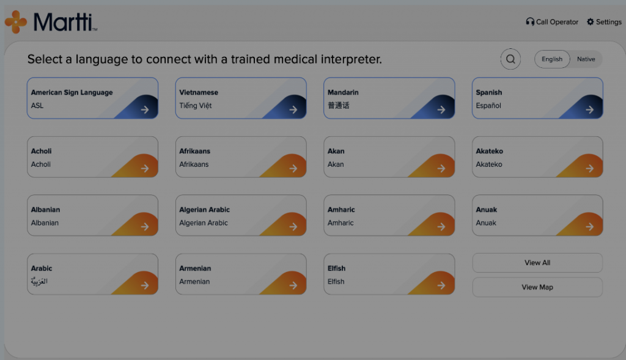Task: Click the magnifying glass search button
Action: (x=510, y=59)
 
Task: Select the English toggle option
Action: (x=552, y=59)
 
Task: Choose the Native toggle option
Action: (x=586, y=59)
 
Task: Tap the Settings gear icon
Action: (x=590, y=22)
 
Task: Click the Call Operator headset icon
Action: (x=530, y=22)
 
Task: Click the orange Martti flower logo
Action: (x=15, y=22)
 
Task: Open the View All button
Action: (x=537, y=263)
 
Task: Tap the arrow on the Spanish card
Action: (x=589, y=110)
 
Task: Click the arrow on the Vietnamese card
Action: (x=293, y=110)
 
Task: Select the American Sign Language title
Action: (x=72, y=92)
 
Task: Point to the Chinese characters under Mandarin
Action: (x=338, y=105)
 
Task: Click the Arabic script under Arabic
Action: (x=39, y=281)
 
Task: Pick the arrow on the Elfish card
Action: (x=441, y=285)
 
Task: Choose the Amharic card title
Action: (x=341, y=210)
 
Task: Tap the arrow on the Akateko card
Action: (x=589, y=169)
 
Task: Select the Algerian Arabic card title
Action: (x=204, y=210)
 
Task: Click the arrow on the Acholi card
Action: (x=144, y=169)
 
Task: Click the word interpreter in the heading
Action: (x=352, y=59)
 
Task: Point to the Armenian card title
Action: (x=195, y=268)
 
